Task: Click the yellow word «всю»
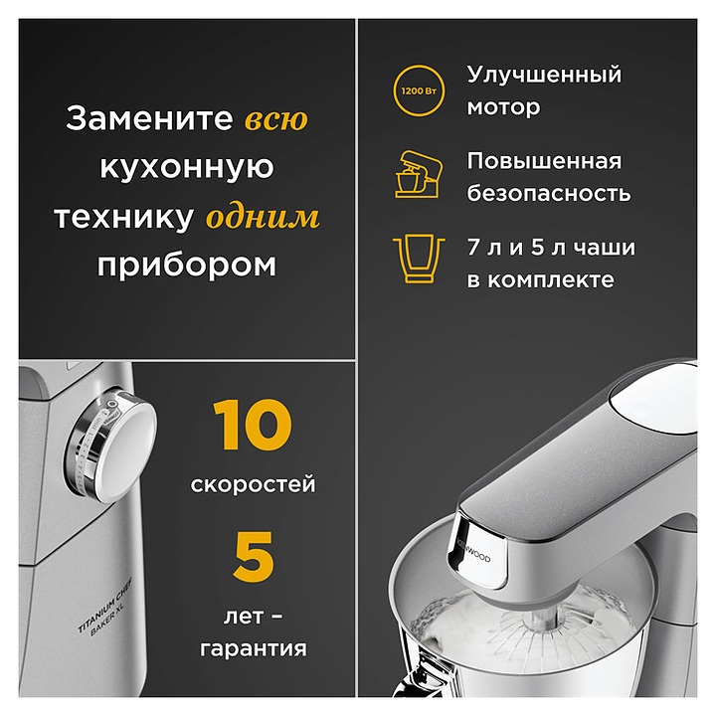tap(276, 119)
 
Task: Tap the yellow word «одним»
tap(263, 217)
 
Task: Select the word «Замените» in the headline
tap(149, 118)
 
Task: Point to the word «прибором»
tap(187, 266)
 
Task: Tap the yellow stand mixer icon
tap(419, 174)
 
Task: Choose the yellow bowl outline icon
tap(419, 259)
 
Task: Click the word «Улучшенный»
tap(544, 75)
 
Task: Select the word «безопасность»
tap(549, 193)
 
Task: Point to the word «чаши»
tap(605, 248)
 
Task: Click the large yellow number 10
tap(252, 425)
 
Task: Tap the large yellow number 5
tap(254, 557)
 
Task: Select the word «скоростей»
tap(253, 484)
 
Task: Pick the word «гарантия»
tap(254, 648)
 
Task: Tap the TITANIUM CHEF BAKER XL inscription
tap(106, 607)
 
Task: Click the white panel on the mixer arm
tap(654, 398)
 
